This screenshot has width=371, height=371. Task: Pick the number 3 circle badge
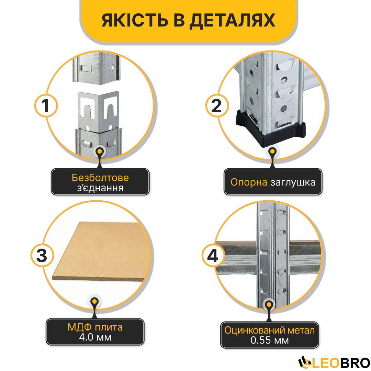tap(42, 256)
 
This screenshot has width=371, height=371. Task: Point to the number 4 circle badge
tap(213, 256)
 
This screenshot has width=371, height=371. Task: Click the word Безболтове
tap(100, 178)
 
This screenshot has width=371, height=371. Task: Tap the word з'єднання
tap(100, 188)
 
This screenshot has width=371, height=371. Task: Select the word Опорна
tap(249, 182)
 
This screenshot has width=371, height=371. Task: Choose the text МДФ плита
tap(95, 327)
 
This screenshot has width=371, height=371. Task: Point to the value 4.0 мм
tap(95, 337)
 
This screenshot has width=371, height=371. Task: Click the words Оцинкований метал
tap(270, 330)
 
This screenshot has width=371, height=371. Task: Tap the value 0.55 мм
tap(270, 340)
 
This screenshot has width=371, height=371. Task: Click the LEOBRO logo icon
tap(305, 362)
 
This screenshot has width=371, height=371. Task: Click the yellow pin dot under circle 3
tap(95, 302)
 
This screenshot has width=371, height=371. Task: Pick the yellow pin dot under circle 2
tap(272, 151)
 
